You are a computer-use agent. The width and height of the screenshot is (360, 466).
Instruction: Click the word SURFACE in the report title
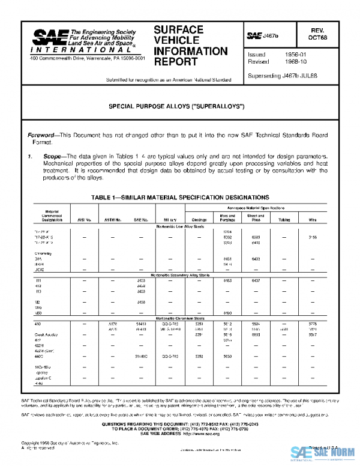click(x=178, y=29)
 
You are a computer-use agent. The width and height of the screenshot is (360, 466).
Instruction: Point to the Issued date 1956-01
click(x=295, y=55)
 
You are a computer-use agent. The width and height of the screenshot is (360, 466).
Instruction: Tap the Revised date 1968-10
click(x=295, y=62)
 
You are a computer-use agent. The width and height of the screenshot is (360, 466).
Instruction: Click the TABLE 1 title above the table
click(x=180, y=198)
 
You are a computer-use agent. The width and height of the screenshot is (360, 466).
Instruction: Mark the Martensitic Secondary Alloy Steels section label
click(x=179, y=275)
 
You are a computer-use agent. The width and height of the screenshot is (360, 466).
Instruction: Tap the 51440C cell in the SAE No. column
click(x=140, y=356)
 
